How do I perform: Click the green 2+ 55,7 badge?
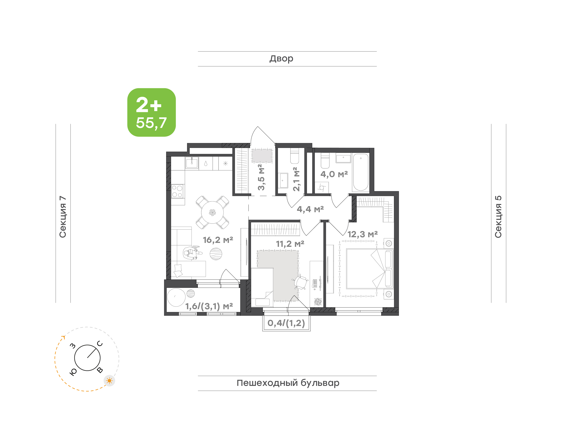click(151, 112)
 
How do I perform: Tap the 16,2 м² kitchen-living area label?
click(218, 240)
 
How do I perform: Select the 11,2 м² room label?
click(290, 243)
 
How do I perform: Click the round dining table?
click(212, 212)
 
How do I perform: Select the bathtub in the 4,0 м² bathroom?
click(360, 172)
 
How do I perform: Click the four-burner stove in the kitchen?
click(177, 191)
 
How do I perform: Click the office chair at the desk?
click(300, 282)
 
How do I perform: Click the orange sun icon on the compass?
click(109, 381)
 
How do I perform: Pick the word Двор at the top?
click(281, 59)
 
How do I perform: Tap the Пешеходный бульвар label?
click(288, 383)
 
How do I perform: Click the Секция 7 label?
click(63, 217)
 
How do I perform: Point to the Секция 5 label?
click(498, 217)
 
